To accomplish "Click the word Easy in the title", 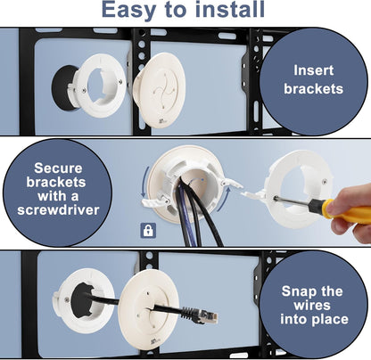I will (132, 11).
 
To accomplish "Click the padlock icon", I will (147, 230).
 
